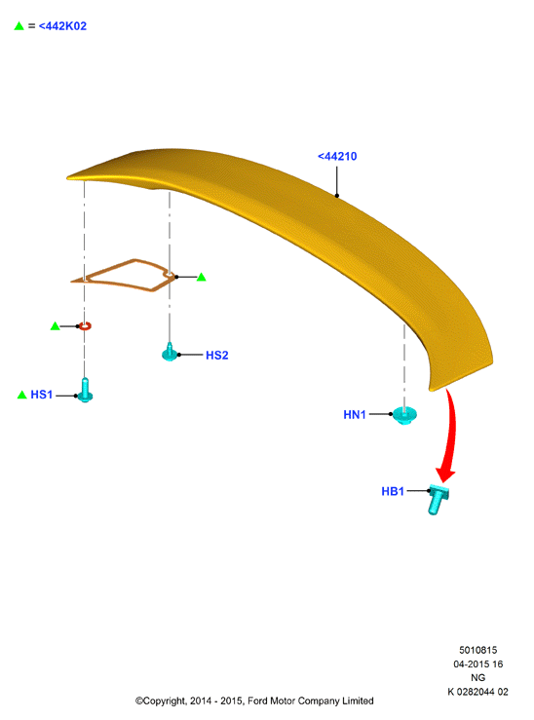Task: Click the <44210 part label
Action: coord(337,157)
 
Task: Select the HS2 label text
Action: coord(216,356)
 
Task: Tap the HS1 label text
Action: coord(41,395)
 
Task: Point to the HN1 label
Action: coord(355,415)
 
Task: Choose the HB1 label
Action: coord(393,491)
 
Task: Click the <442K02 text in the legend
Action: coord(62,26)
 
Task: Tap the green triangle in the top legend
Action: coord(19,25)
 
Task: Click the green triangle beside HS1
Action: coord(21,395)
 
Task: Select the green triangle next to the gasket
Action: coord(201,277)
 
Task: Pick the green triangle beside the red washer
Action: coord(56,326)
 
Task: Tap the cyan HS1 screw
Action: coord(85,390)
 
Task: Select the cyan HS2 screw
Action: coord(170,353)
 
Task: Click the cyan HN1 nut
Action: coord(404,415)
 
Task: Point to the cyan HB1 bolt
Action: coord(438,498)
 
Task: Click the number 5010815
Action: coord(478,650)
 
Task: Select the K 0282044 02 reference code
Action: coord(478,692)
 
